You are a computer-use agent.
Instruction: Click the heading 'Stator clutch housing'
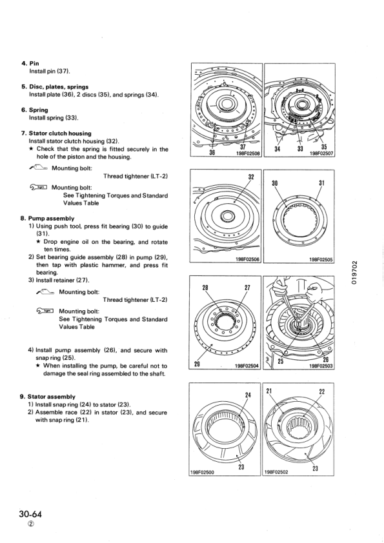63,133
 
